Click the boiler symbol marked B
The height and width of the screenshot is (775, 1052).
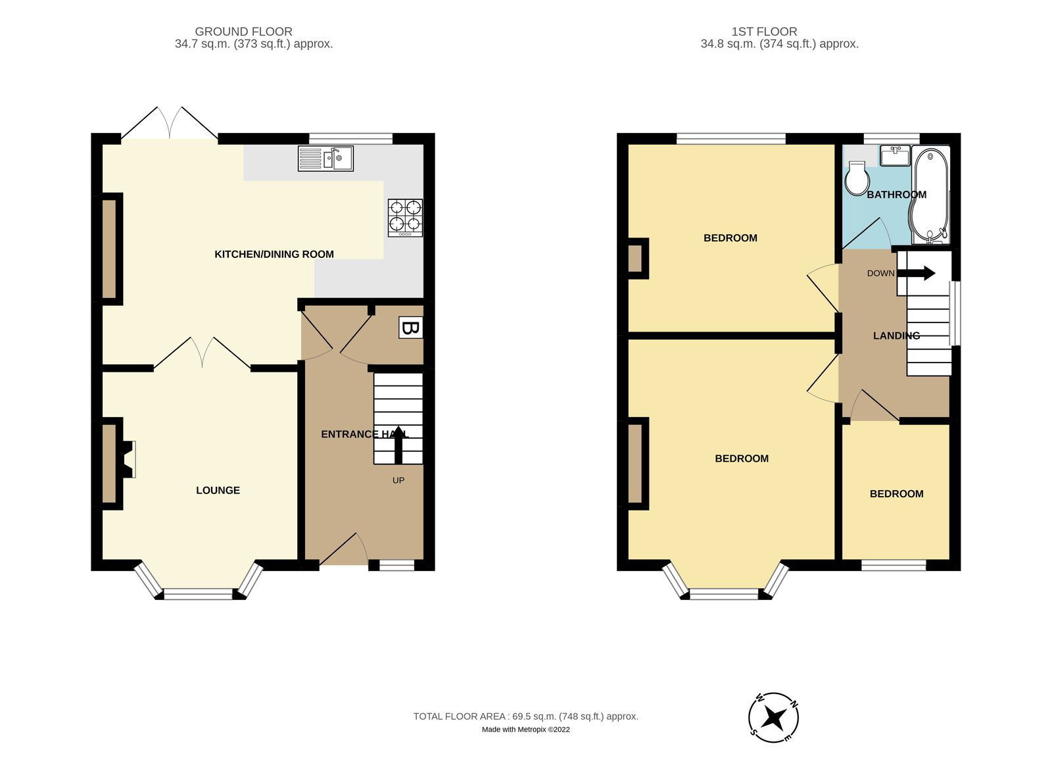[x=411, y=328]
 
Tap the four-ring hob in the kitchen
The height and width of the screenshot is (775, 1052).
[x=405, y=218]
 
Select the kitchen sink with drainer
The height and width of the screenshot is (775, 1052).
[x=325, y=158]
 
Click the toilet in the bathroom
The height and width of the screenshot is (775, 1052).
[x=857, y=178]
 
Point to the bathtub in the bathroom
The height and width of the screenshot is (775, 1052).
[x=930, y=195]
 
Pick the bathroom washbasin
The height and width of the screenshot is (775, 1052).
[x=895, y=155]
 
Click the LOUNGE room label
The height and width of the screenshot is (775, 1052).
[x=218, y=491]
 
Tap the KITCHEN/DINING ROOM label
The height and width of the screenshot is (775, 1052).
[x=274, y=254]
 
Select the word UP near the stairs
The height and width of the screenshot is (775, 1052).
[x=398, y=480]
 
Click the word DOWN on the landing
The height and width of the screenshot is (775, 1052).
[x=880, y=274]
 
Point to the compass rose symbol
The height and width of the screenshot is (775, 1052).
[x=773, y=718]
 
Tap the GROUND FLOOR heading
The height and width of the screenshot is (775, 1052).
[x=243, y=32]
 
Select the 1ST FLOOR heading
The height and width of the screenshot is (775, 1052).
[x=764, y=32]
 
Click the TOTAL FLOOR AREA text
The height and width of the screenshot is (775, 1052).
[x=525, y=716]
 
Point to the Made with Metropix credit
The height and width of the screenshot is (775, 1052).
[x=525, y=730]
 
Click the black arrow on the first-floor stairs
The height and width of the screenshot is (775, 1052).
[x=916, y=273]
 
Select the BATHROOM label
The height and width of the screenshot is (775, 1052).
[x=897, y=195]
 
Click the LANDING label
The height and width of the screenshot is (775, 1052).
[x=897, y=336]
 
